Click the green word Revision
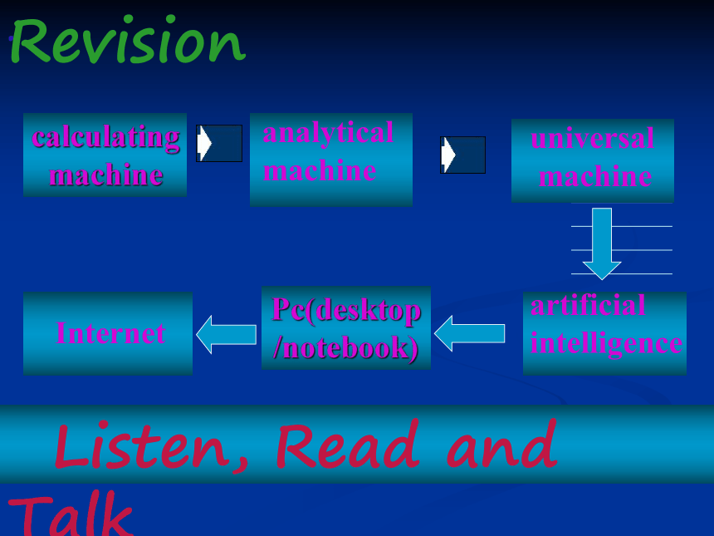click(x=128, y=39)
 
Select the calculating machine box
click(x=105, y=155)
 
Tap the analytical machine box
click(x=331, y=160)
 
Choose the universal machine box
click(x=593, y=160)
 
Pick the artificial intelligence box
click(x=604, y=333)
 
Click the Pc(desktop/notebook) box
click(x=346, y=327)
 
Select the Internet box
click(x=108, y=333)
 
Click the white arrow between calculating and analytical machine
click(x=204, y=143)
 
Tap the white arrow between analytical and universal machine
click(x=448, y=155)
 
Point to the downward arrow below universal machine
click(x=602, y=243)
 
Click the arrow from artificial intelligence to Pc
click(x=469, y=333)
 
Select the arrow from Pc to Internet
click(x=227, y=335)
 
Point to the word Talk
click(x=71, y=515)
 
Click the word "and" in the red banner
click(x=501, y=444)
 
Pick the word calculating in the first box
click(x=105, y=137)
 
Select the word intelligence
click(x=606, y=344)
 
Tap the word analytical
click(x=328, y=133)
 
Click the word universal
click(x=593, y=138)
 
